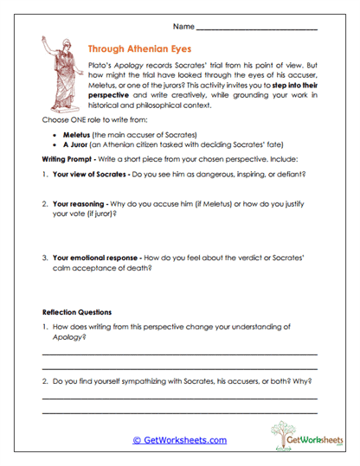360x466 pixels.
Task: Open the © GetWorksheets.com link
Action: pos(179,440)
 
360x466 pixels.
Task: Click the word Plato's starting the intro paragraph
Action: pos(101,67)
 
